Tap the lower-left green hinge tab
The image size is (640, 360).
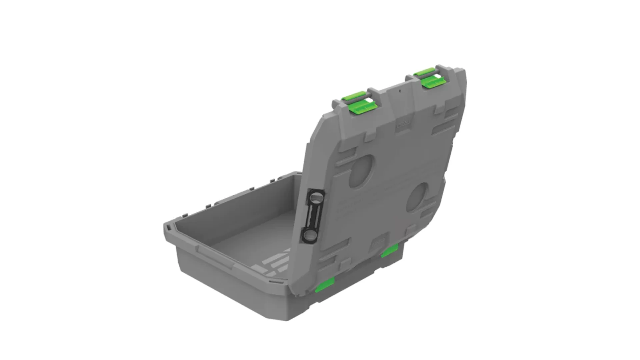[325, 285]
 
